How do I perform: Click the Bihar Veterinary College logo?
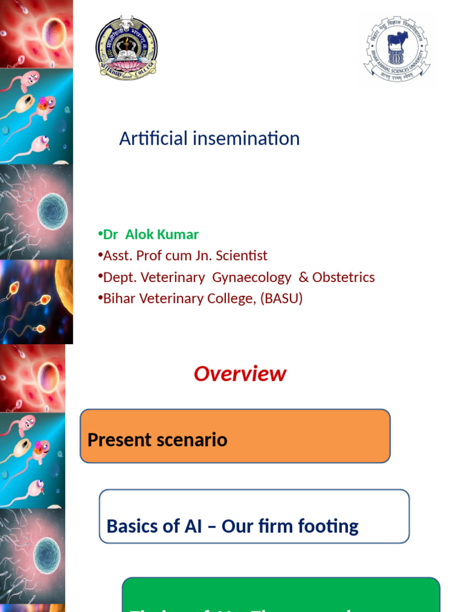pos(127,47)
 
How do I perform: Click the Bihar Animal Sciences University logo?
pos(397,48)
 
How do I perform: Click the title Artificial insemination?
pos(209,139)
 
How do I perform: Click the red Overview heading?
pos(240,374)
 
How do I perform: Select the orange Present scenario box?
pos(235,436)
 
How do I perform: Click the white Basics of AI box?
pos(254,516)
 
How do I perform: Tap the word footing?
pos(331,527)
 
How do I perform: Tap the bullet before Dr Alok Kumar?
pos(100,234)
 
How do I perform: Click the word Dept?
pos(118,277)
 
